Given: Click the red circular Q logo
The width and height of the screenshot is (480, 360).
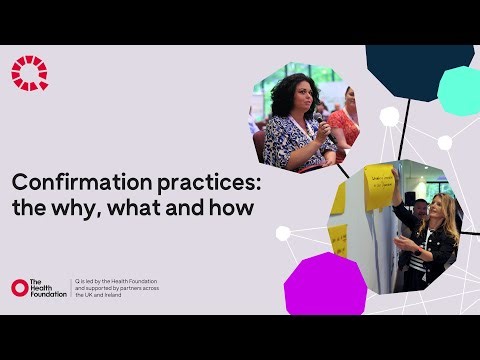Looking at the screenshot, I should [29, 73].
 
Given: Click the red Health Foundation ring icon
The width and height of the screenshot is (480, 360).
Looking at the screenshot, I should [19, 288].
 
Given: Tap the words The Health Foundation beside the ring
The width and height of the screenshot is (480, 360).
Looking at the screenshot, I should [48, 288].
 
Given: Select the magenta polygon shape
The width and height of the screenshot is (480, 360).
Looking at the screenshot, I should [324, 284].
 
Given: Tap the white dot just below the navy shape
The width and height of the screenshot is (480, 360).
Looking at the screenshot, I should [389, 117].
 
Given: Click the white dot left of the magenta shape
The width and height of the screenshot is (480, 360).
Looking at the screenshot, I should [283, 234].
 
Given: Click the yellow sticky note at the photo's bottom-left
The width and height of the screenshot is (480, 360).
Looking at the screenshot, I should [338, 240].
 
